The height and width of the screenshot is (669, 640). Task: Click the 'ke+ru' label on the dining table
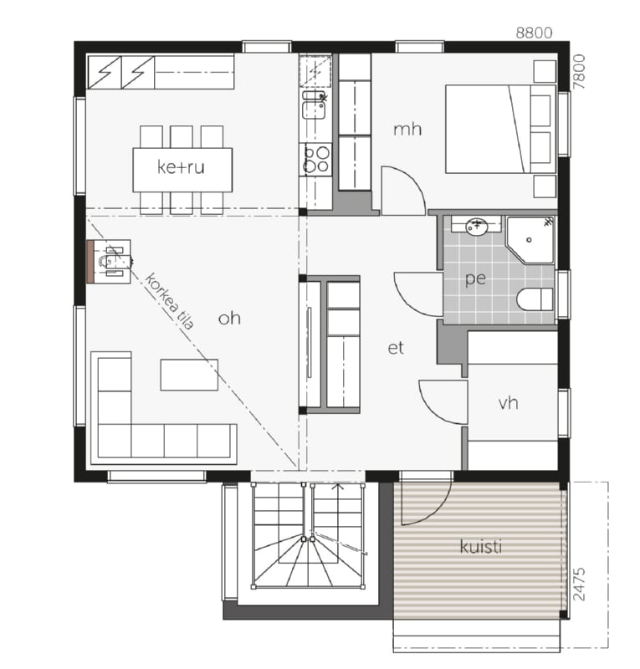tap(181, 166)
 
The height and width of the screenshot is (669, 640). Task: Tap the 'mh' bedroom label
tap(407, 129)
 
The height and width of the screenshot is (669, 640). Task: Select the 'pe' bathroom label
tap(475, 278)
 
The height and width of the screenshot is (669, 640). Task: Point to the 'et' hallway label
tap(396, 348)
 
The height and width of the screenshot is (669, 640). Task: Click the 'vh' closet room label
tap(508, 402)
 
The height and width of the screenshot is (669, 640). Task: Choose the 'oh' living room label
tap(229, 318)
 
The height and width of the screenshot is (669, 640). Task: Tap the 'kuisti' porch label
tap(481, 546)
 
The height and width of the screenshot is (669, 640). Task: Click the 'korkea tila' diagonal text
tap(170, 301)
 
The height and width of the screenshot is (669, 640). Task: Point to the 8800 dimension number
tap(534, 33)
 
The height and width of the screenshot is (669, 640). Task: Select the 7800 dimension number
tap(579, 72)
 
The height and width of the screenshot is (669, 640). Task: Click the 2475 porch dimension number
tap(579, 584)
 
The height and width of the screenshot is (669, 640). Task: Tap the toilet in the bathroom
tap(535, 299)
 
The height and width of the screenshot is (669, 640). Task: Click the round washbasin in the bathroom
tap(477, 226)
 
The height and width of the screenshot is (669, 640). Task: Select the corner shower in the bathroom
tap(530, 239)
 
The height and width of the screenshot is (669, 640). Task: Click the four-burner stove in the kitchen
tap(315, 159)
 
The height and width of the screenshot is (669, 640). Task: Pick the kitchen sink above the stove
tap(315, 105)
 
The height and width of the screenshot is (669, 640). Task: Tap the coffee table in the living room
tap(189, 375)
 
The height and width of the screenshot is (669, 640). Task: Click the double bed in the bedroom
tap(500, 129)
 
